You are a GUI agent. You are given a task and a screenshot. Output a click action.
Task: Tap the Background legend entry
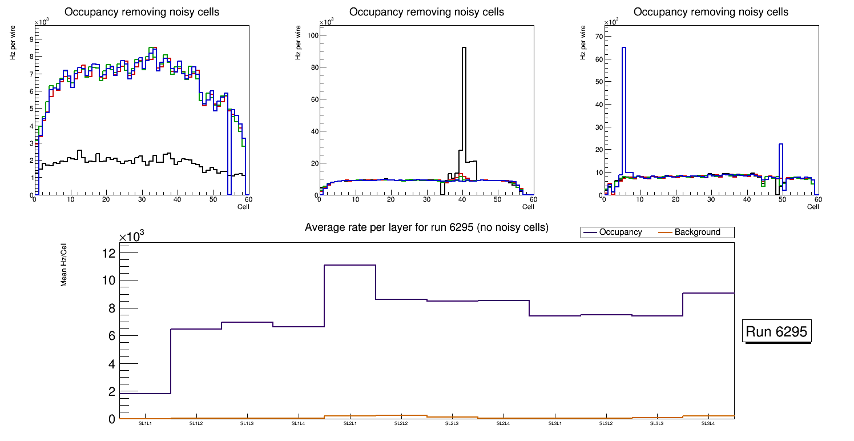tap(697, 232)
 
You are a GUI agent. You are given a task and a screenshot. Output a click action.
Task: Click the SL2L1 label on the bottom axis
tap(350, 423)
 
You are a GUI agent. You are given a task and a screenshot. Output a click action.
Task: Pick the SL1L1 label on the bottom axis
tap(145, 423)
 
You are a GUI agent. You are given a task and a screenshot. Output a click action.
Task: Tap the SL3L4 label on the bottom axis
tap(708, 423)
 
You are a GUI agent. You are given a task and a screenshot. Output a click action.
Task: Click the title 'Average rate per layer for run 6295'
tap(426, 227)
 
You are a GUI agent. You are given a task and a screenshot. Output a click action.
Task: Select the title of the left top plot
tap(142, 12)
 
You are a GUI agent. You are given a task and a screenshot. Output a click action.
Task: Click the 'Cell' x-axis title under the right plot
tap(813, 206)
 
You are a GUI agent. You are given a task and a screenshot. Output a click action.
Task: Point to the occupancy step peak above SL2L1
tap(350, 265)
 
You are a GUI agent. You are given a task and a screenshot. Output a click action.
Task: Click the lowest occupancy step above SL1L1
tap(145, 394)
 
